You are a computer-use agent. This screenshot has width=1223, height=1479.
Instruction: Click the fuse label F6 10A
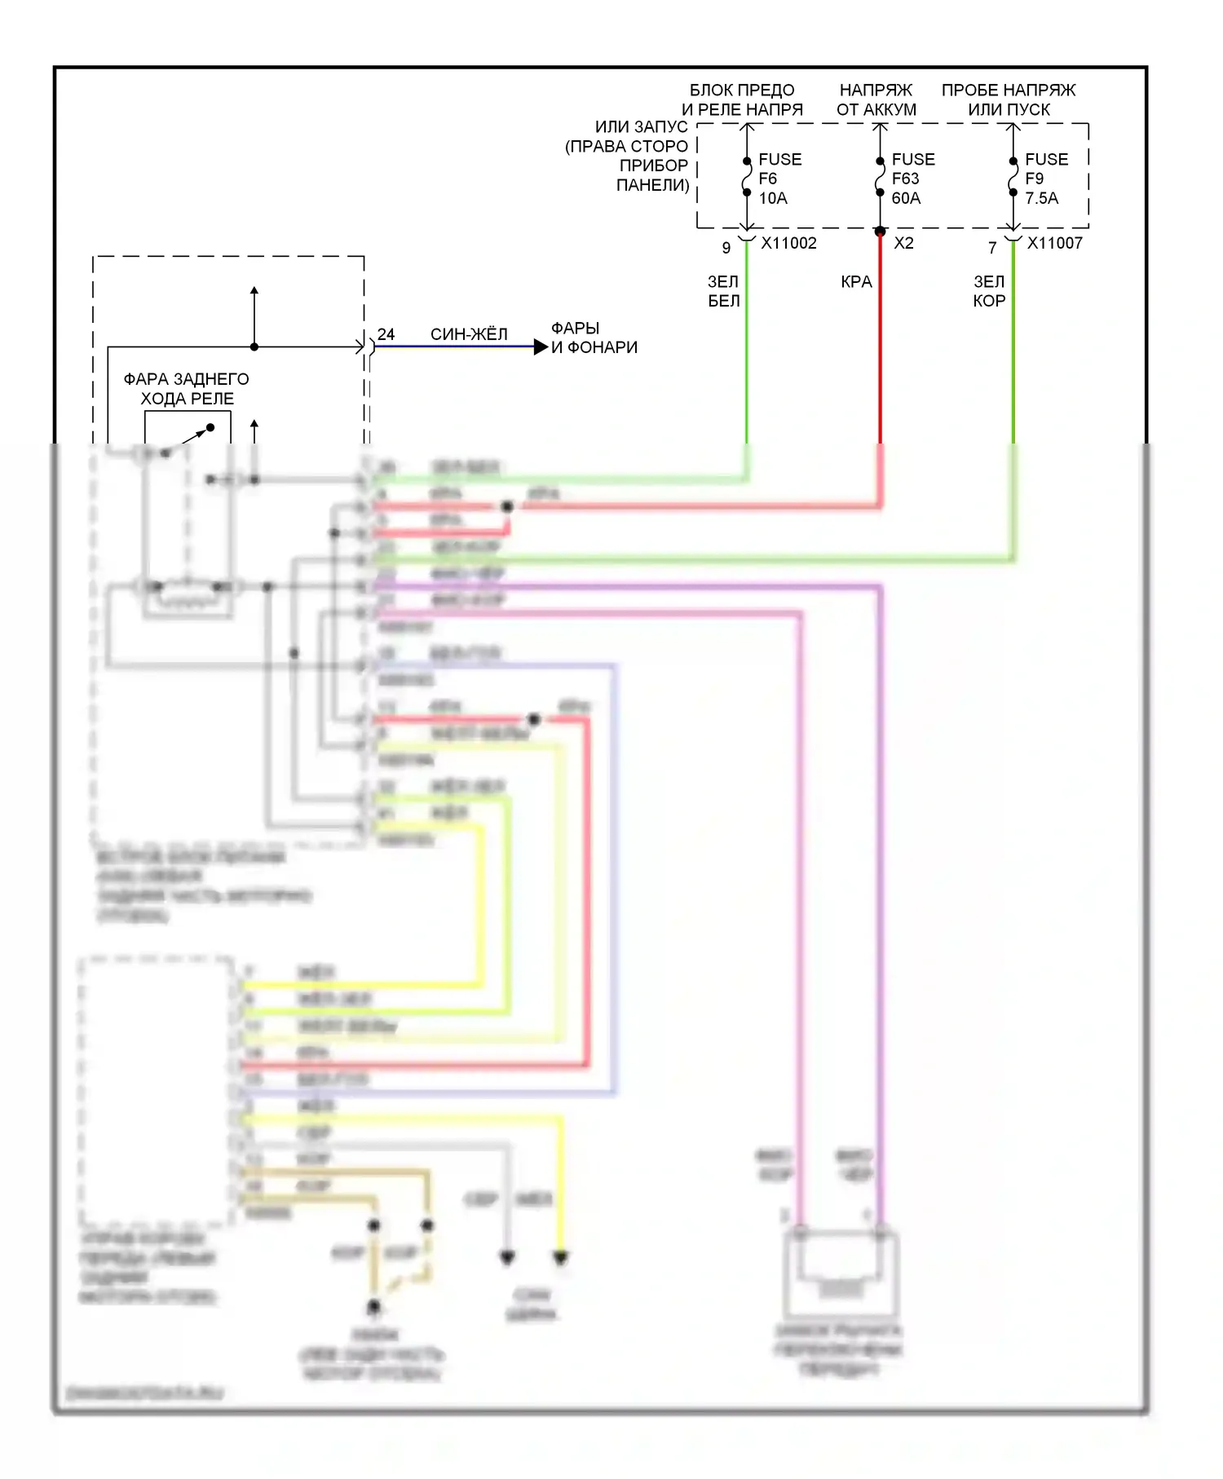[x=779, y=179]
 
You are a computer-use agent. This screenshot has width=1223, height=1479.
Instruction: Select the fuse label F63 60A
[x=912, y=179]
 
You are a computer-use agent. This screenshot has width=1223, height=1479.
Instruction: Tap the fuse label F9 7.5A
[x=1044, y=179]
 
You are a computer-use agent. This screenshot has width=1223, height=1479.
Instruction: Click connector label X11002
[x=788, y=243]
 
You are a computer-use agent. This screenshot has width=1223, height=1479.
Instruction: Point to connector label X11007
[x=1054, y=243]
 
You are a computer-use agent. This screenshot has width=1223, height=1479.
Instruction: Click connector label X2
[x=903, y=243]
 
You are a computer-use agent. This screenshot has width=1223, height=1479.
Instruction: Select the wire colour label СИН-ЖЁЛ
[x=469, y=334]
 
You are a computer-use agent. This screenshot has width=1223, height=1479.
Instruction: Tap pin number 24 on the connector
[x=386, y=334]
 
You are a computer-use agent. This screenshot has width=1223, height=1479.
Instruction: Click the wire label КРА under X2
[x=856, y=282]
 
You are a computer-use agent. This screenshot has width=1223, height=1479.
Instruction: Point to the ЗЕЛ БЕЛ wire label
[x=723, y=291]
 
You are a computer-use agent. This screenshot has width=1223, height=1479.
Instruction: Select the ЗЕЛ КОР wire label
[x=989, y=291]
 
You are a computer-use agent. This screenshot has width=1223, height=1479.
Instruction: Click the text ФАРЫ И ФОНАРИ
[x=594, y=338]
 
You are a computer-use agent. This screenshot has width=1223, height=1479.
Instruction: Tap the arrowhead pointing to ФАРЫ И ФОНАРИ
[x=541, y=347]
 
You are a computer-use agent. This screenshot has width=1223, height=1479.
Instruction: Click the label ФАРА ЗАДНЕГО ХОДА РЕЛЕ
[x=187, y=389]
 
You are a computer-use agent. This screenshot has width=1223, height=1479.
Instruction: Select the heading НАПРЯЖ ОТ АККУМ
[x=876, y=99]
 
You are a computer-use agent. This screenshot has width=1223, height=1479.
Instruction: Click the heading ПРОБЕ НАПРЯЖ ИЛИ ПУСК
[x=1009, y=99]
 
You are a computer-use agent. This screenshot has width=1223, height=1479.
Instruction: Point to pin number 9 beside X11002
[x=726, y=247]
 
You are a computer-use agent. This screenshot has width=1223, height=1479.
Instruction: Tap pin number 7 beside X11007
[x=992, y=247]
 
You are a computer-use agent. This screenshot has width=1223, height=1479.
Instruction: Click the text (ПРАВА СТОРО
[x=626, y=147]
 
